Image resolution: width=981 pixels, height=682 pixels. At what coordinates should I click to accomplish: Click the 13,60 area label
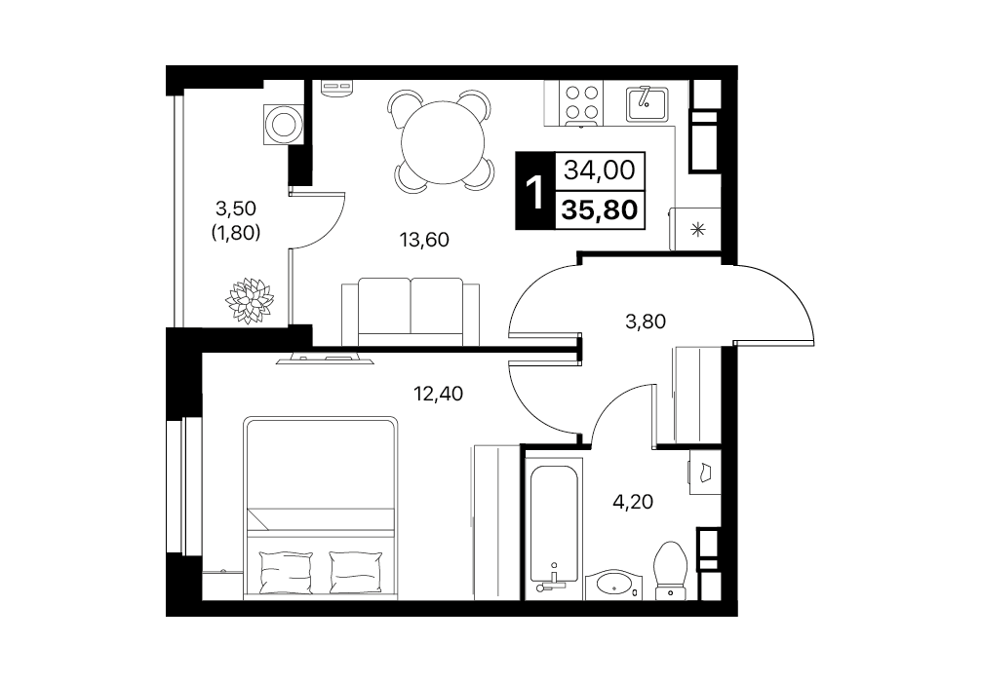pos(424,240)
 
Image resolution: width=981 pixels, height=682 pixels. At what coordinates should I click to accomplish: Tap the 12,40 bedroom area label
pos(438,394)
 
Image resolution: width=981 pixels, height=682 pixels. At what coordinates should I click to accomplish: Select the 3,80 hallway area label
pos(646,322)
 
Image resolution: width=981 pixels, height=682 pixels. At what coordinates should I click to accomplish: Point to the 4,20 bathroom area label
pos(633,501)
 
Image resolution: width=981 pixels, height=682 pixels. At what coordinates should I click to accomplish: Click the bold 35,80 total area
pos(600,210)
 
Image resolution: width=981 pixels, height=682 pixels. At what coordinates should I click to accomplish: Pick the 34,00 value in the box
pos(600,170)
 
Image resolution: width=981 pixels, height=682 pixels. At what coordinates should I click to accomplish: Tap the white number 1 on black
pos(535,191)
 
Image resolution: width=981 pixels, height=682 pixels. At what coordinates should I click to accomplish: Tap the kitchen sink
pos(647,104)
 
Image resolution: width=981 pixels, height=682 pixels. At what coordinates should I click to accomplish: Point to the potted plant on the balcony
pos(250,301)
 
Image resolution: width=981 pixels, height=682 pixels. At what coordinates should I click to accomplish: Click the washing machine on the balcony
pos(284,125)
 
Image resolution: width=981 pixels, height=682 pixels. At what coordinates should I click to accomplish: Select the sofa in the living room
pos(411,312)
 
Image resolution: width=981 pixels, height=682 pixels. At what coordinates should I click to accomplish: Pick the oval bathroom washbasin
pos(615,584)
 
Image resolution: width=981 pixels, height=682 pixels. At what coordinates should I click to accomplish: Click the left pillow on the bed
pos(286,571)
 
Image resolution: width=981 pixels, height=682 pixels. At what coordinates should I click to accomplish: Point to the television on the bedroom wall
pos(326,359)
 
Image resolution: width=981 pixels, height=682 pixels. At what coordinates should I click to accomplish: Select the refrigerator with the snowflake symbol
pos(695,229)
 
